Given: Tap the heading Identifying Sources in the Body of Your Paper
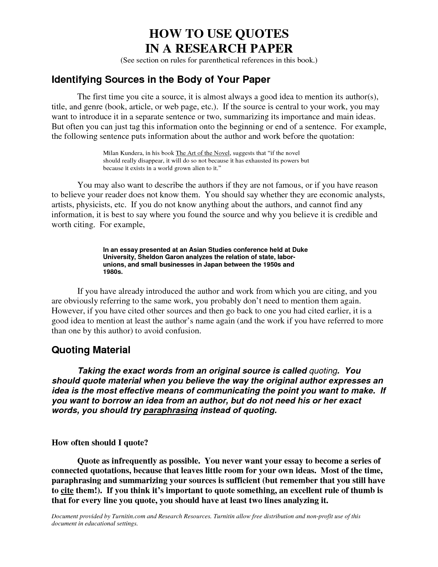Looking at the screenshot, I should [161, 80].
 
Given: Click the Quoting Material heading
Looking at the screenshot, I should [91, 350].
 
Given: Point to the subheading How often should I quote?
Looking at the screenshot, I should [100, 443].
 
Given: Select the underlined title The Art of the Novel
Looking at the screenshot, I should [202, 153].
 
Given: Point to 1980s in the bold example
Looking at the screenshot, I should [113, 273].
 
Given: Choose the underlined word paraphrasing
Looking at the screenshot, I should [170, 411].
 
